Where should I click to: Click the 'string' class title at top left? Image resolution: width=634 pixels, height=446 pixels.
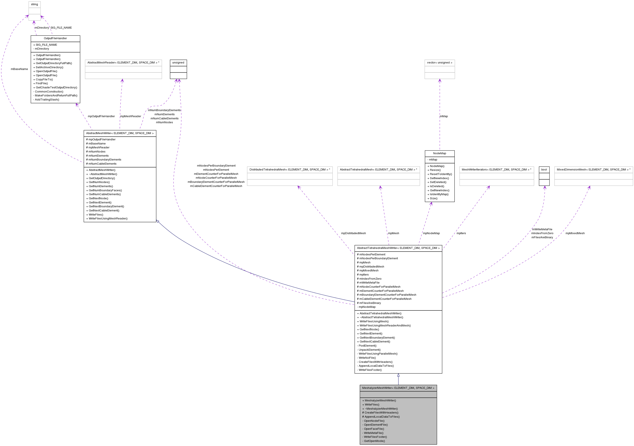coord(35,4)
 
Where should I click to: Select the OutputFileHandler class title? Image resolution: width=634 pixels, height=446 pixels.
coord(55,38)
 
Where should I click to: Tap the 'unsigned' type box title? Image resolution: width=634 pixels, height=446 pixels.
coord(178,63)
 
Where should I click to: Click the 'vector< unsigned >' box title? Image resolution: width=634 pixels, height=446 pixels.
coord(440,63)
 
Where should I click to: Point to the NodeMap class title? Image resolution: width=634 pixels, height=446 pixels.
coord(439,153)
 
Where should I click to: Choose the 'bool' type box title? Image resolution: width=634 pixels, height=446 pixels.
coord(544,170)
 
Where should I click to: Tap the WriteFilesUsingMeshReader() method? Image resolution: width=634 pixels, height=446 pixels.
coord(108,219)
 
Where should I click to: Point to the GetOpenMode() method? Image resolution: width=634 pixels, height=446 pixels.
coord(374,441)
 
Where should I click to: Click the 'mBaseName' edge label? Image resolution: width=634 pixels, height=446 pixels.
coord(19,69)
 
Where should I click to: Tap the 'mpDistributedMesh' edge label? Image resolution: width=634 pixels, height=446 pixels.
coord(353,233)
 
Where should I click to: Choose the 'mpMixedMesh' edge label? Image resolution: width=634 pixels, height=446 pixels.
coord(575,233)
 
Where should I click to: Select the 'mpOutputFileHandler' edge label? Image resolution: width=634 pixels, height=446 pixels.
coord(101,116)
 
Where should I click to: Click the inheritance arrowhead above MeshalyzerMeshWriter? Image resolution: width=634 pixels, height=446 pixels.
coord(398,375)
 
